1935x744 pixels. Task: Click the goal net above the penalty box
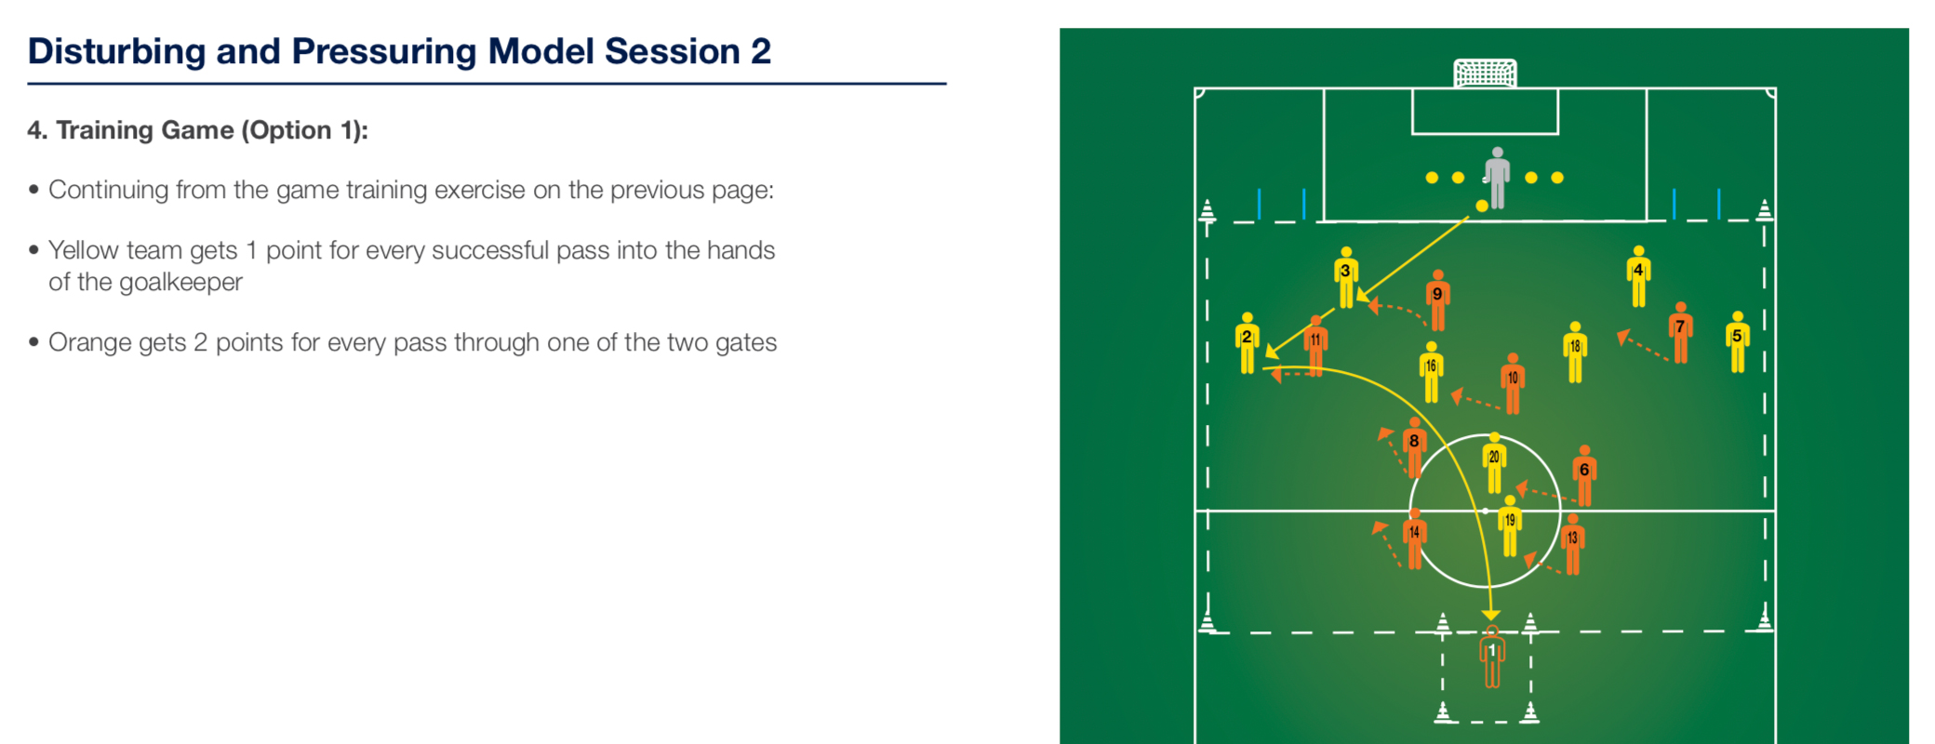tap(1485, 73)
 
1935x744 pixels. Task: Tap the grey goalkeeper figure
tap(1497, 178)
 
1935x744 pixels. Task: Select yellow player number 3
tap(1346, 277)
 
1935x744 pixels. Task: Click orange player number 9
tap(1438, 300)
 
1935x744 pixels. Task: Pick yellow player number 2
tap(1248, 343)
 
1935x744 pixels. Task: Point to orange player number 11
tap(1315, 346)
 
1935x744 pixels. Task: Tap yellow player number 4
tap(1639, 276)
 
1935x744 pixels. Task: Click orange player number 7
tap(1681, 332)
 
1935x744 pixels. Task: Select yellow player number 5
tap(1738, 342)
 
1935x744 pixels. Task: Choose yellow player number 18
tap(1575, 352)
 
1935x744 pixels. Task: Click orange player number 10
tap(1513, 384)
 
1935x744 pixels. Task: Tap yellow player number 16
tap(1432, 373)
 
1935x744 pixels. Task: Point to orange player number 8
tap(1415, 448)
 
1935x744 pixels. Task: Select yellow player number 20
tap(1495, 463)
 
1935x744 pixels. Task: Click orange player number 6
tap(1584, 476)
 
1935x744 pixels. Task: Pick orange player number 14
tap(1415, 538)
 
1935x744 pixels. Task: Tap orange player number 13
tap(1573, 544)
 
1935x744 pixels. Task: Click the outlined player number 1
tap(1492, 658)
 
